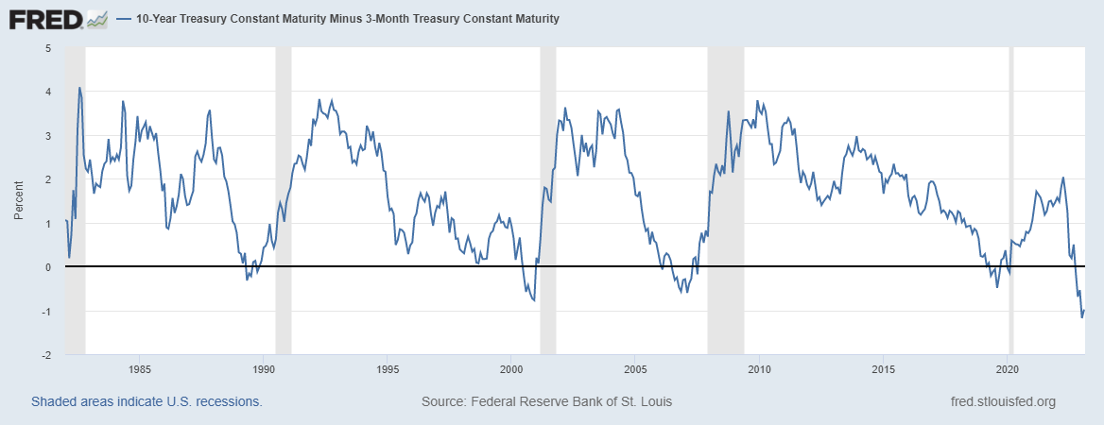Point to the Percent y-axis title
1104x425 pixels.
[19, 201]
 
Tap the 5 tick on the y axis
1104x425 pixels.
[48, 47]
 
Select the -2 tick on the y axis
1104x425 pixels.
[46, 355]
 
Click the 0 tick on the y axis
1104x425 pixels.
[48, 267]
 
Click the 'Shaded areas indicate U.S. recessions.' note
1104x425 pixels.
[147, 401]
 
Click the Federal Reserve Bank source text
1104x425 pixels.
[546, 401]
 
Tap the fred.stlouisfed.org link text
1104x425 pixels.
[1003, 401]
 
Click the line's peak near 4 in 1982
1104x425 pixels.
[79, 88]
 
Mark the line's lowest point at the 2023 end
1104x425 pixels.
[1081, 316]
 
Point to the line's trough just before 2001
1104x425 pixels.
[534, 300]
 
